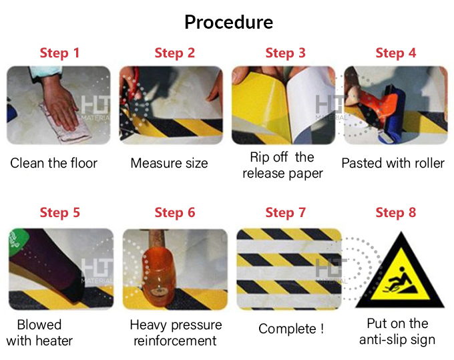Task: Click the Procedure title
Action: coord(229,22)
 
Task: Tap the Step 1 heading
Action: coord(59,53)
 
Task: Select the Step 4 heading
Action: coord(395,53)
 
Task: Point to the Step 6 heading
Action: coord(175,212)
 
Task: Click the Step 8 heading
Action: coord(395,212)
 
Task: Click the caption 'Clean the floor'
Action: coord(54,163)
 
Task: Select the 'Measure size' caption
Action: coord(169,163)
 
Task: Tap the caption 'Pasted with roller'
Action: coord(393,163)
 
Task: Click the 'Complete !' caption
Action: coord(290,329)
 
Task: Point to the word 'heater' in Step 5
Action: coord(56,341)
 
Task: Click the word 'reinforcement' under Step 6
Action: coord(175,341)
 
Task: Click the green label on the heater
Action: coord(17,241)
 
